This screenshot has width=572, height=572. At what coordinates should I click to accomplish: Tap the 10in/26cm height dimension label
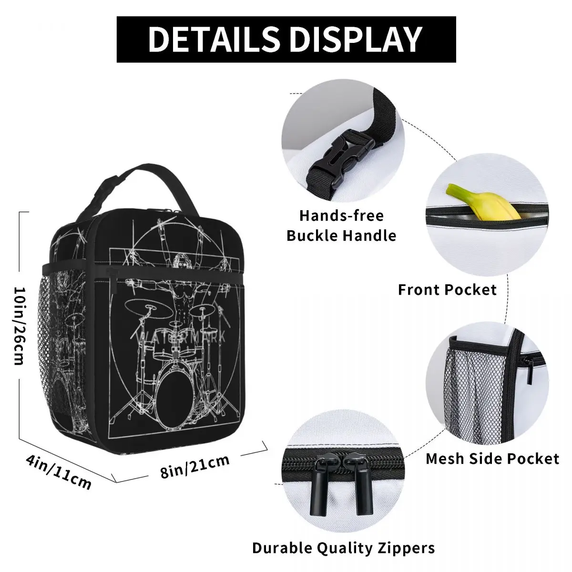pos(20,319)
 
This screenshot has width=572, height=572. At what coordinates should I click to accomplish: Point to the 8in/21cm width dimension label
pos(195,466)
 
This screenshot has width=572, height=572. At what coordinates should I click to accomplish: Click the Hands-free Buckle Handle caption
pos(341,225)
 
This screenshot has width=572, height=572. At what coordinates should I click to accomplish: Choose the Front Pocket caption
pos(447,289)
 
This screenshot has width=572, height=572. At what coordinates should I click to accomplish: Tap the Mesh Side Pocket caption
pos(492,459)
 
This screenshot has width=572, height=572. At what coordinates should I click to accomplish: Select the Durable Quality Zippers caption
pos(343,548)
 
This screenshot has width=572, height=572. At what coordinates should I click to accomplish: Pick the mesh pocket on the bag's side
pos(61,343)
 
